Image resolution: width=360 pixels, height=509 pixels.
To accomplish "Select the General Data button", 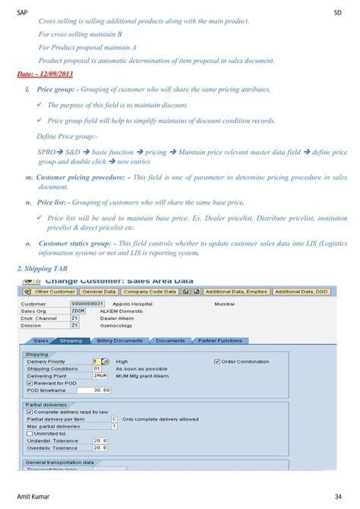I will click(99, 291).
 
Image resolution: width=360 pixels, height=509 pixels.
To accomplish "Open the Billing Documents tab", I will click(118, 340).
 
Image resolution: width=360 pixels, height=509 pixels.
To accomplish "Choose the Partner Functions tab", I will click(220, 340).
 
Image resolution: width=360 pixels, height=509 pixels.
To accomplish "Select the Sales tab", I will click(41, 340).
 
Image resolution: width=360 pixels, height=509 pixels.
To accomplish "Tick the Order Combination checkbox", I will click(217, 362).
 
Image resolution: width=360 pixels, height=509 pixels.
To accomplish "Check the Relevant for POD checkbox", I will click(29, 383).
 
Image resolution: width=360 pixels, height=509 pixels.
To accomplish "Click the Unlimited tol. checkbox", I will click(29, 432).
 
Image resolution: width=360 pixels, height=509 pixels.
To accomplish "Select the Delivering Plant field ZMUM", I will click(100, 375).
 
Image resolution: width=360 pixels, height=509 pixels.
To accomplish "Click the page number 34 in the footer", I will click(336, 496).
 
